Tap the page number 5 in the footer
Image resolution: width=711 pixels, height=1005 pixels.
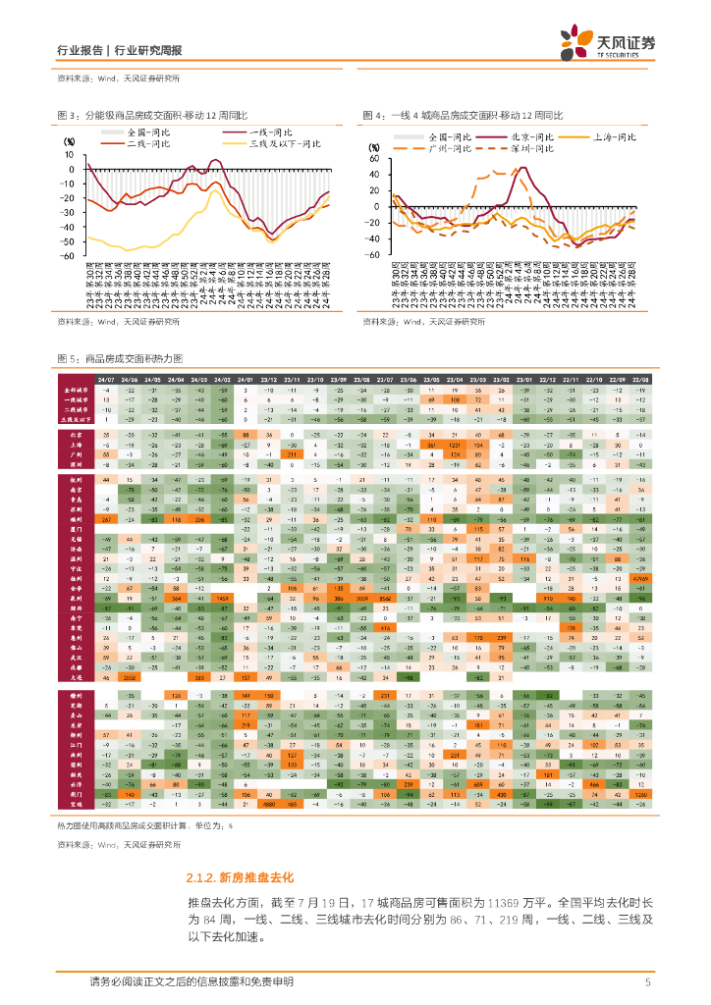click(x=648, y=982)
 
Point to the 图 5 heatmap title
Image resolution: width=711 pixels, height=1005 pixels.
click(x=128, y=359)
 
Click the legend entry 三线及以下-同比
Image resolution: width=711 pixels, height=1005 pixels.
click(x=285, y=143)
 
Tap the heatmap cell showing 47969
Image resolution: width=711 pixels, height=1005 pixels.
click(x=639, y=580)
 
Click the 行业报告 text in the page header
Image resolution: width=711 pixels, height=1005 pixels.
click(x=82, y=50)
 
